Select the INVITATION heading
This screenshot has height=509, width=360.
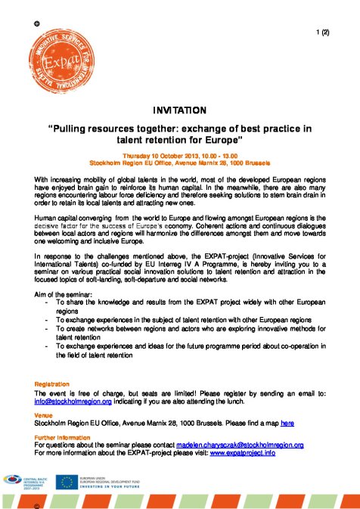coord(179,110)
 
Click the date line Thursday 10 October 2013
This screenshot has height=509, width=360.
coord(179,155)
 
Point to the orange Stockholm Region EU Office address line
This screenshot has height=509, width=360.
coord(179,163)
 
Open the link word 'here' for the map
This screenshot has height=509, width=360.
coord(287,424)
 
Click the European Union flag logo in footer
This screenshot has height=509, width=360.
coord(72,480)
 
